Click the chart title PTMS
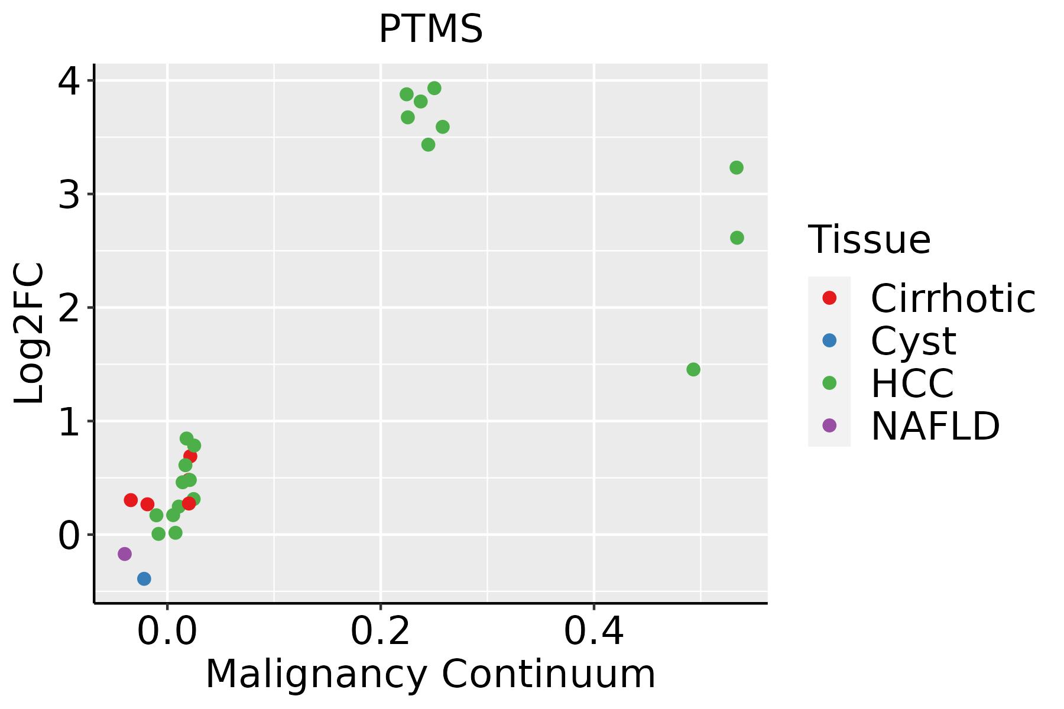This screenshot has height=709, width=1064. click(x=430, y=30)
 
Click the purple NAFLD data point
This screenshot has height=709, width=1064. click(x=124, y=554)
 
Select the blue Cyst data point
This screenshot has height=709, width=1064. click(x=144, y=578)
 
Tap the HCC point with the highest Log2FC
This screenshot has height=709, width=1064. click(x=434, y=88)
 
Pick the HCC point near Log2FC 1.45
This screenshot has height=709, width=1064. click(x=693, y=369)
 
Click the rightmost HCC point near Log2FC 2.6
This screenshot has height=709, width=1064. click(x=737, y=238)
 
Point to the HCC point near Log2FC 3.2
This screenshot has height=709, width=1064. click(x=736, y=168)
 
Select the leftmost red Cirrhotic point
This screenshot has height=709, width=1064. click(x=131, y=500)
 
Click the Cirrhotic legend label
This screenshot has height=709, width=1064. click(x=952, y=298)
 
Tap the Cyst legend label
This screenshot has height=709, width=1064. click(x=913, y=341)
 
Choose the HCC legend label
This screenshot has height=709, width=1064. click(x=912, y=383)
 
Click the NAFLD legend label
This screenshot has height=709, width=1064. click(x=935, y=426)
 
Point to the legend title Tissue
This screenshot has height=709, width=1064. click(x=869, y=240)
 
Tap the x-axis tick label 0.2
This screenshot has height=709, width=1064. click(x=381, y=633)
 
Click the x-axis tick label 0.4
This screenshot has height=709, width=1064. click(x=593, y=633)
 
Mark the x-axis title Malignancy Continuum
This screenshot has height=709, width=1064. click(x=430, y=674)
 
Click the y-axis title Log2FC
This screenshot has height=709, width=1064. click(x=30, y=333)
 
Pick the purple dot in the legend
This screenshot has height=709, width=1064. click(x=829, y=425)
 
